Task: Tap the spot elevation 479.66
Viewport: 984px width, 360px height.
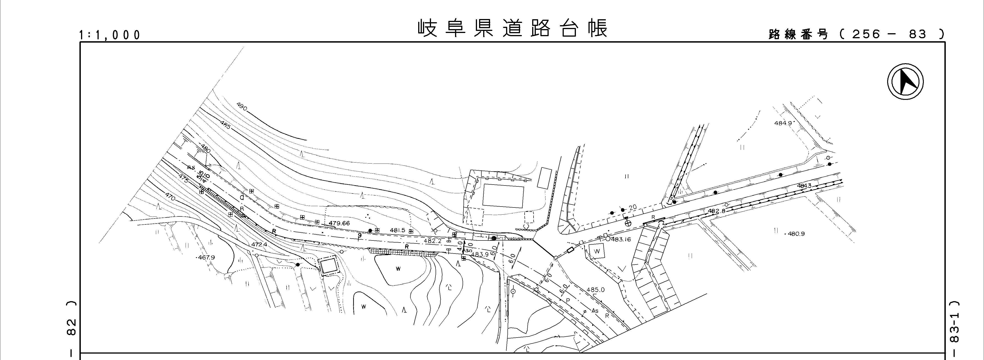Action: (339, 223)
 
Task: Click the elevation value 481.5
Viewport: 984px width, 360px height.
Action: (397, 230)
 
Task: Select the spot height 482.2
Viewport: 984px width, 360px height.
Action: (433, 241)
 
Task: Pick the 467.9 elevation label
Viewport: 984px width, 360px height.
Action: (207, 258)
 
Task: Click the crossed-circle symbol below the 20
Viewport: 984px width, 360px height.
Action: (627, 223)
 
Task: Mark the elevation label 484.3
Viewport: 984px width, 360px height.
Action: (804, 186)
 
